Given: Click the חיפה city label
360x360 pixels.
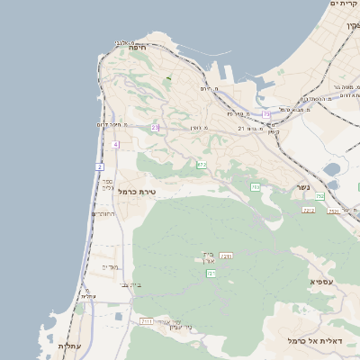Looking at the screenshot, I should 137,47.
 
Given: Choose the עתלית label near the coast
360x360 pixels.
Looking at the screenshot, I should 69,346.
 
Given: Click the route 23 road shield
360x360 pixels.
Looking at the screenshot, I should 155,128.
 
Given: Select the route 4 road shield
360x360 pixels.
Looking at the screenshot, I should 115,144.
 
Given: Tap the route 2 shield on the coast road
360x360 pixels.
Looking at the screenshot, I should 99,166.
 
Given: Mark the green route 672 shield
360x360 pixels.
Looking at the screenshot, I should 202,165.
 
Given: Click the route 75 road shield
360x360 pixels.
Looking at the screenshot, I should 266,114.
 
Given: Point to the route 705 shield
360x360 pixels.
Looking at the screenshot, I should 255,187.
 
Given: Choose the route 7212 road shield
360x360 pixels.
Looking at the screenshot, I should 309,210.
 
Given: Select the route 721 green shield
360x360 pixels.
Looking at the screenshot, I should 211,273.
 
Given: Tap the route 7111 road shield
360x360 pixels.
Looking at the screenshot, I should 147,320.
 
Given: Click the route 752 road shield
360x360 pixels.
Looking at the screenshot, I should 333,211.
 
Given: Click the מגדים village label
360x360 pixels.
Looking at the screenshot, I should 110,267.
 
